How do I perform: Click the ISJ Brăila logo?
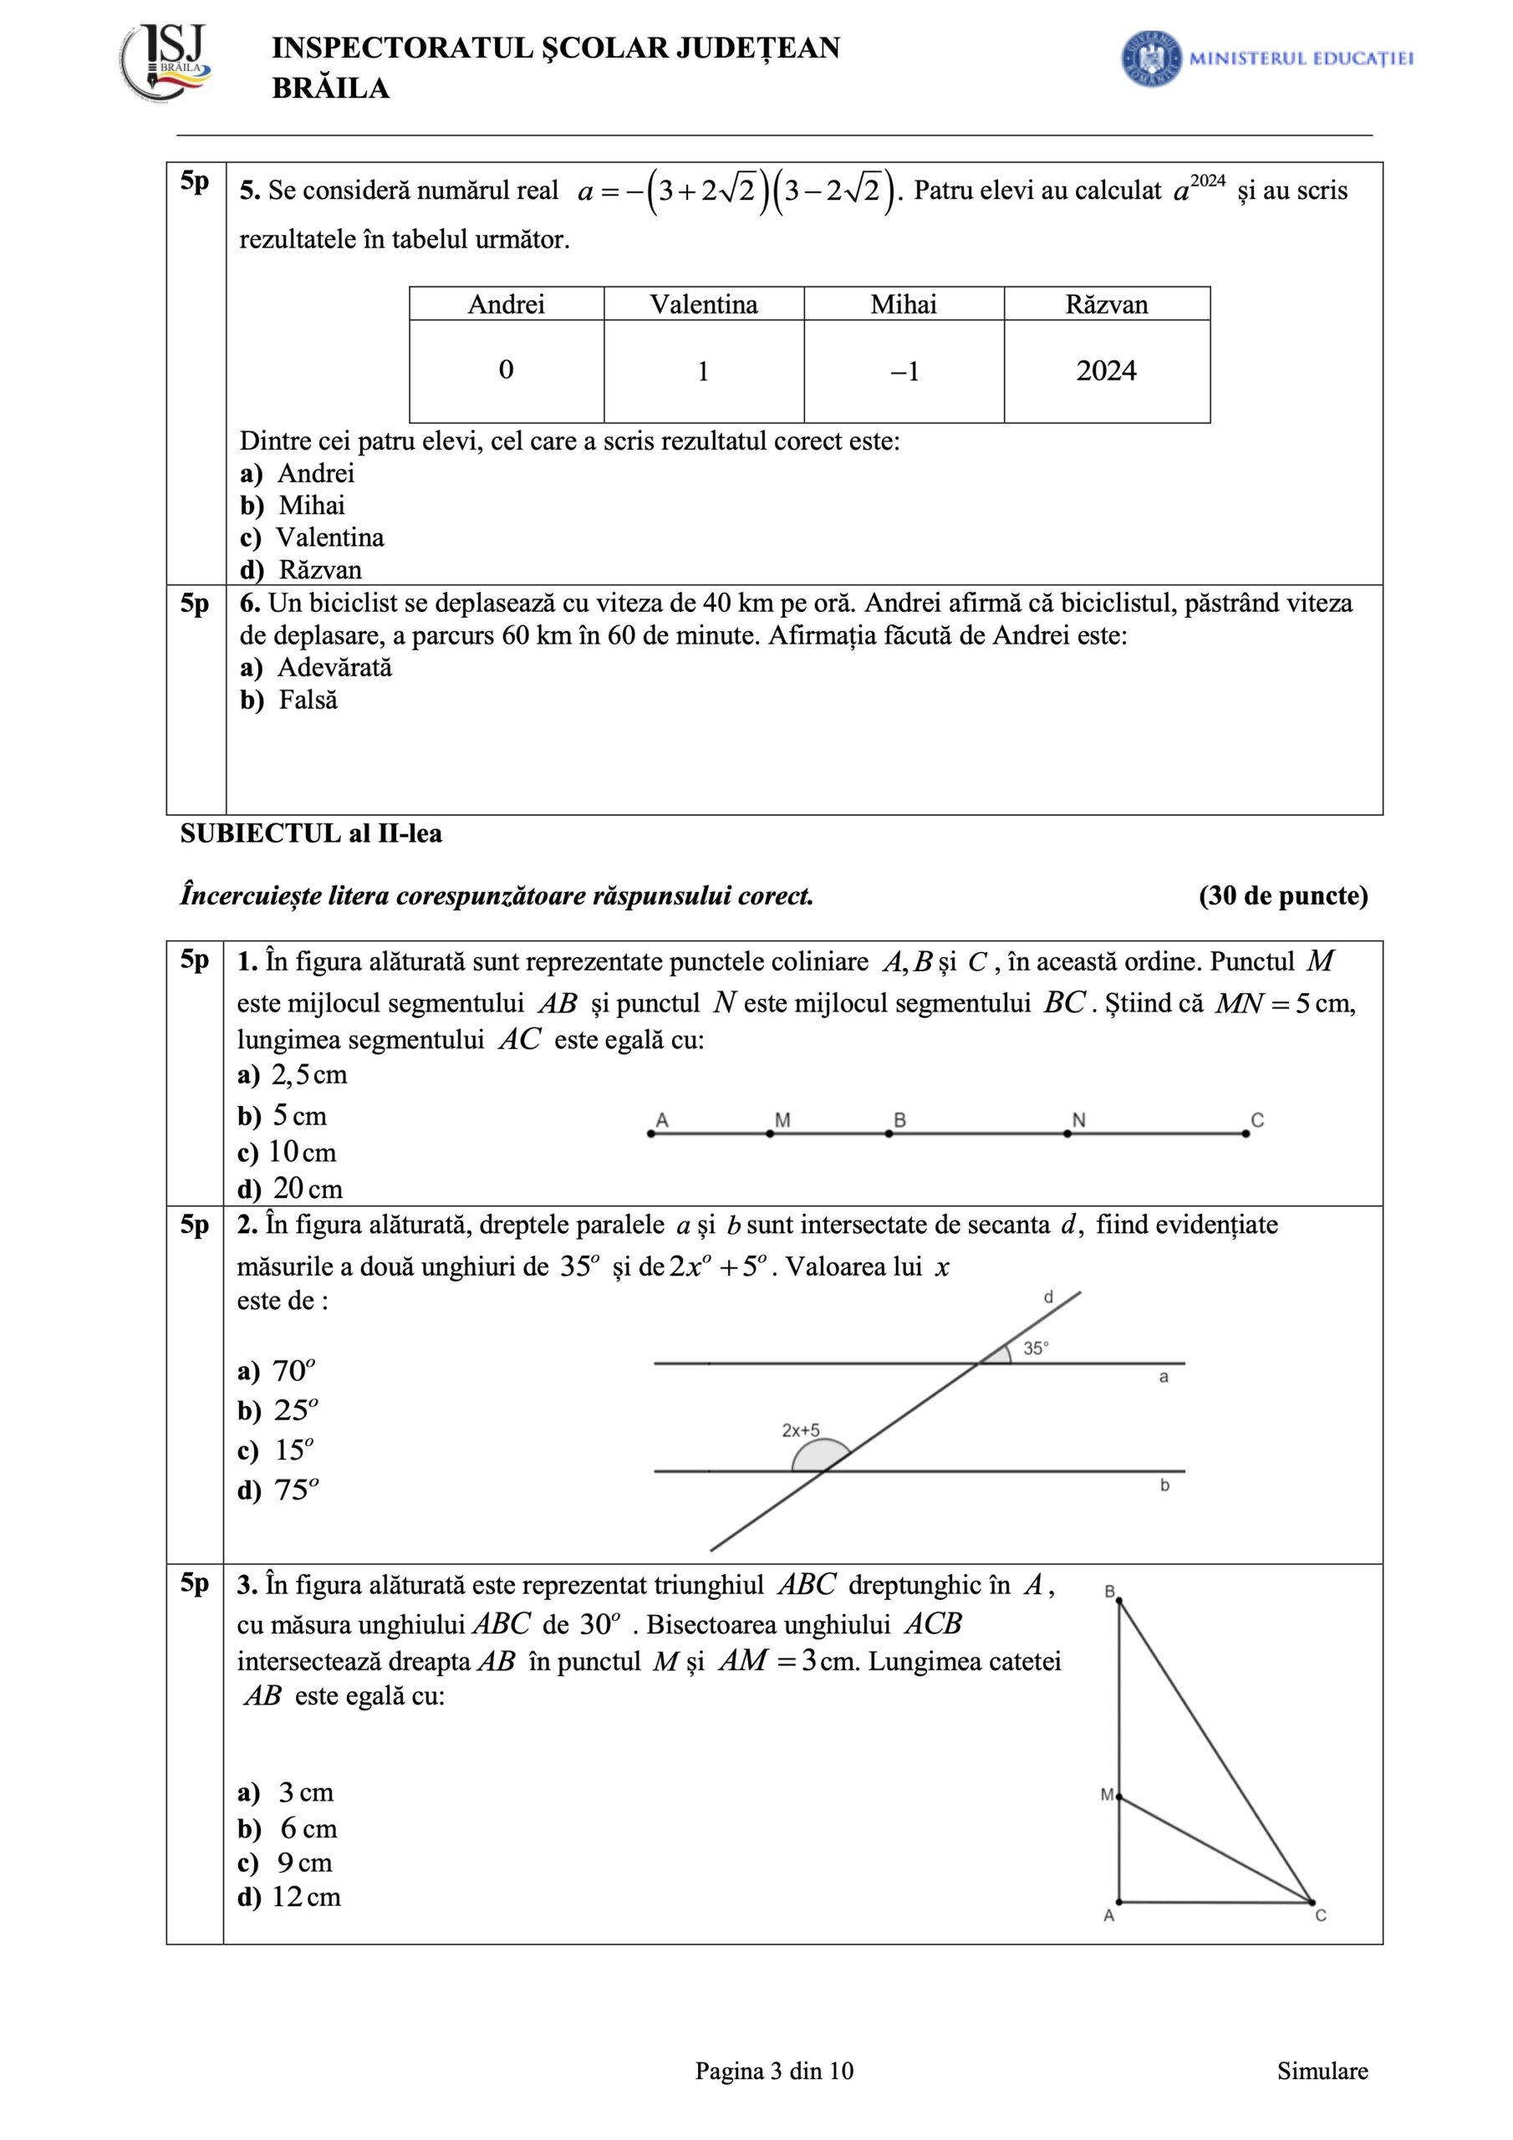click(166, 64)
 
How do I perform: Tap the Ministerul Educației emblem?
click(1151, 59)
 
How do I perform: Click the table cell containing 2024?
click(1107, 371)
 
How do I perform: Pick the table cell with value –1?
click(904, 372)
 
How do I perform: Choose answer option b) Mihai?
click(293, 505)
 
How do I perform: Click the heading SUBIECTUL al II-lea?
click(310, 833)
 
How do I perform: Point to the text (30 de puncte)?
click(1283, 895)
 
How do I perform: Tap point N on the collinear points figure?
click(1067, 1134)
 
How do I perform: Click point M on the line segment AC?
click(770, 1134)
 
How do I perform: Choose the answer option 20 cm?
click(290, 1190)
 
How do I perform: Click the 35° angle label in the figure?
click(1036, 1348)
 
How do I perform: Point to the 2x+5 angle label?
click(801, 1429)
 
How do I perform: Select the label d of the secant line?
click(1048, 1297)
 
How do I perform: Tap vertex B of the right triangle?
click(1118, 1600)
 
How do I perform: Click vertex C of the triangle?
click(1312, 1902)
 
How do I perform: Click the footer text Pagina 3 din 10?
click(774, 2071)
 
